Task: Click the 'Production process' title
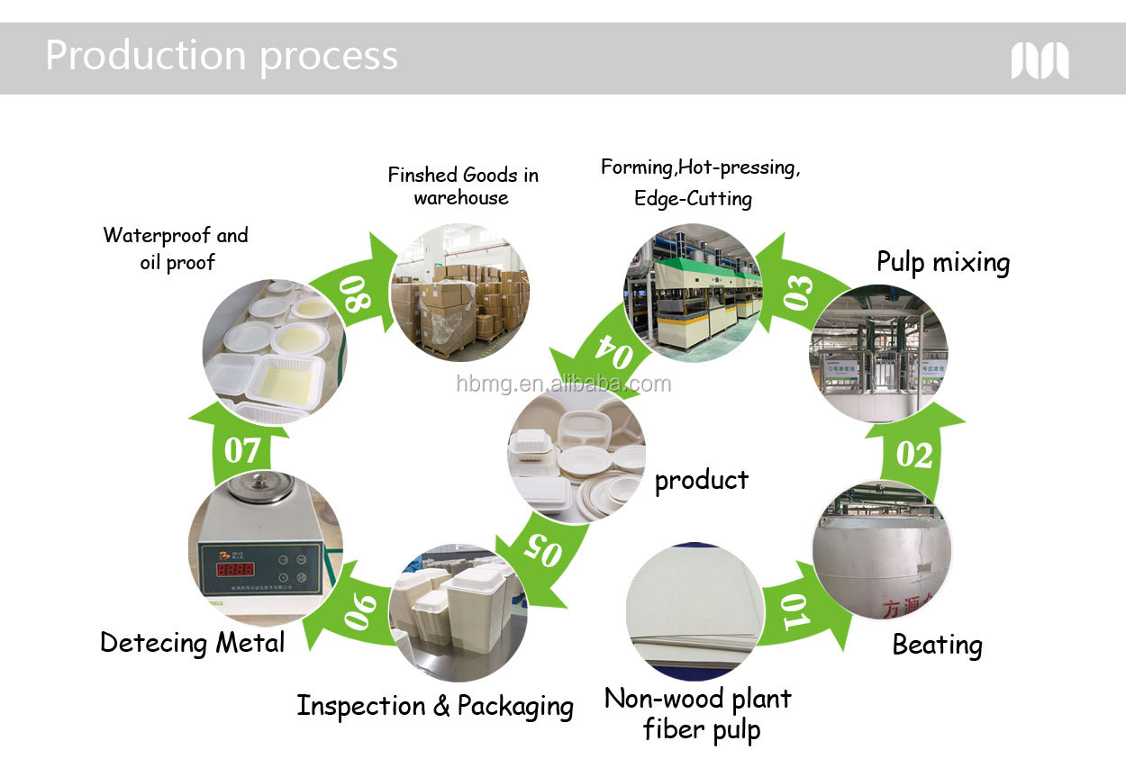[221, 56]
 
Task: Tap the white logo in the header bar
[1040, 60]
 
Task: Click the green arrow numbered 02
[914, 453]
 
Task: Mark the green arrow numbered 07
[241, 448]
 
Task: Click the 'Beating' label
[937, 645]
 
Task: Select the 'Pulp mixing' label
[943, 262]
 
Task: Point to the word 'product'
[701, 480]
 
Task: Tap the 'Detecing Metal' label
[192, 642]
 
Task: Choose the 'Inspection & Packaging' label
[435, 706]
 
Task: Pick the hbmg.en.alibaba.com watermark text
[563, 384]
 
